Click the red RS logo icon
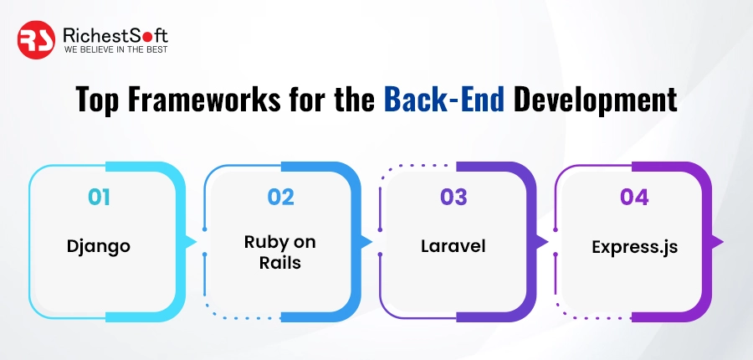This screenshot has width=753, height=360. pos(38,40)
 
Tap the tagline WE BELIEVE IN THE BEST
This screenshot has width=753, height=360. pos(115,50)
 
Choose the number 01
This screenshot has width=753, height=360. pos(100,198)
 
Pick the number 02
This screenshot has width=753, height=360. pos(280,198)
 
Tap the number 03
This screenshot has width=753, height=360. pos(453,198)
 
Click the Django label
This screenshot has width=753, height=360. pos(100,247)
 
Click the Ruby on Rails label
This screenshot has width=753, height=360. pos(280,251)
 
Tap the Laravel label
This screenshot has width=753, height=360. pos(453,247)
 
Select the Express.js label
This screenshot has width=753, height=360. pos(633,247)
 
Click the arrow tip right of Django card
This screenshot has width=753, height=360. pos(192,242)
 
